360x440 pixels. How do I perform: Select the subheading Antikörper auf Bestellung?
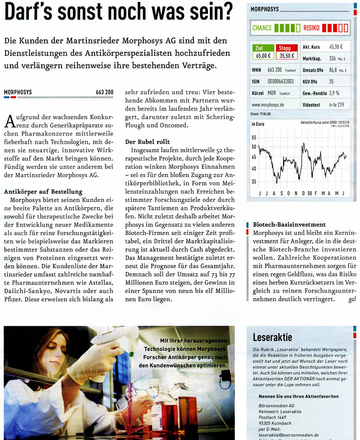pos(43,192)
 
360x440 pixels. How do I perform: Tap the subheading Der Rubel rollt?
pos(147,141)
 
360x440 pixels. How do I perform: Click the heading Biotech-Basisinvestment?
pos(289,225)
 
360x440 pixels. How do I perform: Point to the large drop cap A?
pos(9,122)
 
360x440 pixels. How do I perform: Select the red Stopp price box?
pos(286,52)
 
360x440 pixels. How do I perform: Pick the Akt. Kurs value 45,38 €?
pos(340,47)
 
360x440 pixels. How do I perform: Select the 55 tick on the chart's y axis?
pos(254,138)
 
